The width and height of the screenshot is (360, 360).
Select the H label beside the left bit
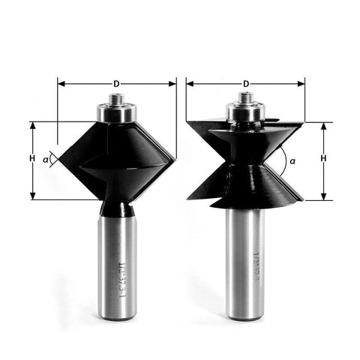(31, 159)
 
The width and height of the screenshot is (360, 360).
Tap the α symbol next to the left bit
(46, 159)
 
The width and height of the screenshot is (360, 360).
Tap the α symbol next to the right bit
(292, 160)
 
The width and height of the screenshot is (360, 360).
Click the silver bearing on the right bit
(244, 111)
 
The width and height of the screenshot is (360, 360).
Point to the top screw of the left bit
(117, 97)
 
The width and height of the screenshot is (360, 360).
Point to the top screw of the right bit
(244, 97)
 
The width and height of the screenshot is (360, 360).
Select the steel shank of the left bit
(117, 262)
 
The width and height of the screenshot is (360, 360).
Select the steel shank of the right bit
(244, 262)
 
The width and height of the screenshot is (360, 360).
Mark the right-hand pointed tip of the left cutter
(175, 158)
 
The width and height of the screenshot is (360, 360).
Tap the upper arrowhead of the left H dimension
(32, 125)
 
